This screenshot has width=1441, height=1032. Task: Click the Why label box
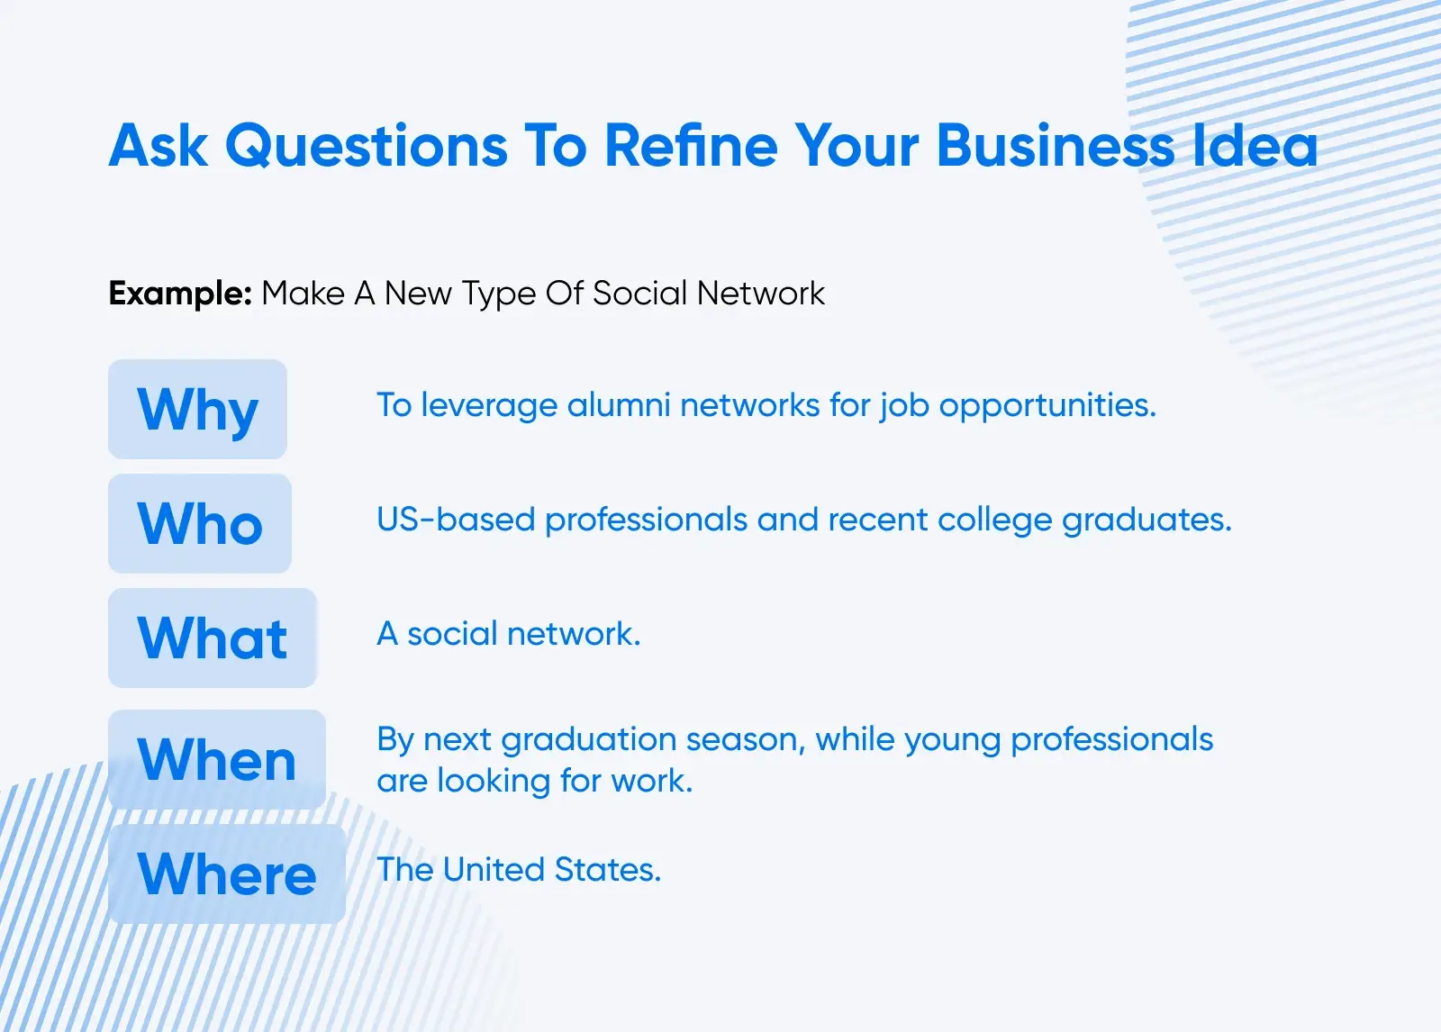point(197,409)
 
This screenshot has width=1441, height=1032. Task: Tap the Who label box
point(200,524)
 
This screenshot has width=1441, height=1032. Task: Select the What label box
point(213,638)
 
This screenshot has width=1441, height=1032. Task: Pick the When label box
point(217,759)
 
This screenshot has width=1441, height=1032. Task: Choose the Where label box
point(226,874)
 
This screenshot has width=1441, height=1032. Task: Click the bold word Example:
point(180,294)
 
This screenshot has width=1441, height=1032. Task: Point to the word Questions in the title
point(367,148)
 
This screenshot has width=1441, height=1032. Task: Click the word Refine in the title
point(691,146)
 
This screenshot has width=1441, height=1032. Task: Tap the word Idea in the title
point(1255,146)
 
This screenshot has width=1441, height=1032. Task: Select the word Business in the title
point(1056,146)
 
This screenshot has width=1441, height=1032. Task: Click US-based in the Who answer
point(456,520)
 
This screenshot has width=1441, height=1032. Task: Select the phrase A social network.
point(509,634)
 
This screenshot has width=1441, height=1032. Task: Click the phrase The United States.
point(519,870)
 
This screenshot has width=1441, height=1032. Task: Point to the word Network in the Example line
point(760,294)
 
